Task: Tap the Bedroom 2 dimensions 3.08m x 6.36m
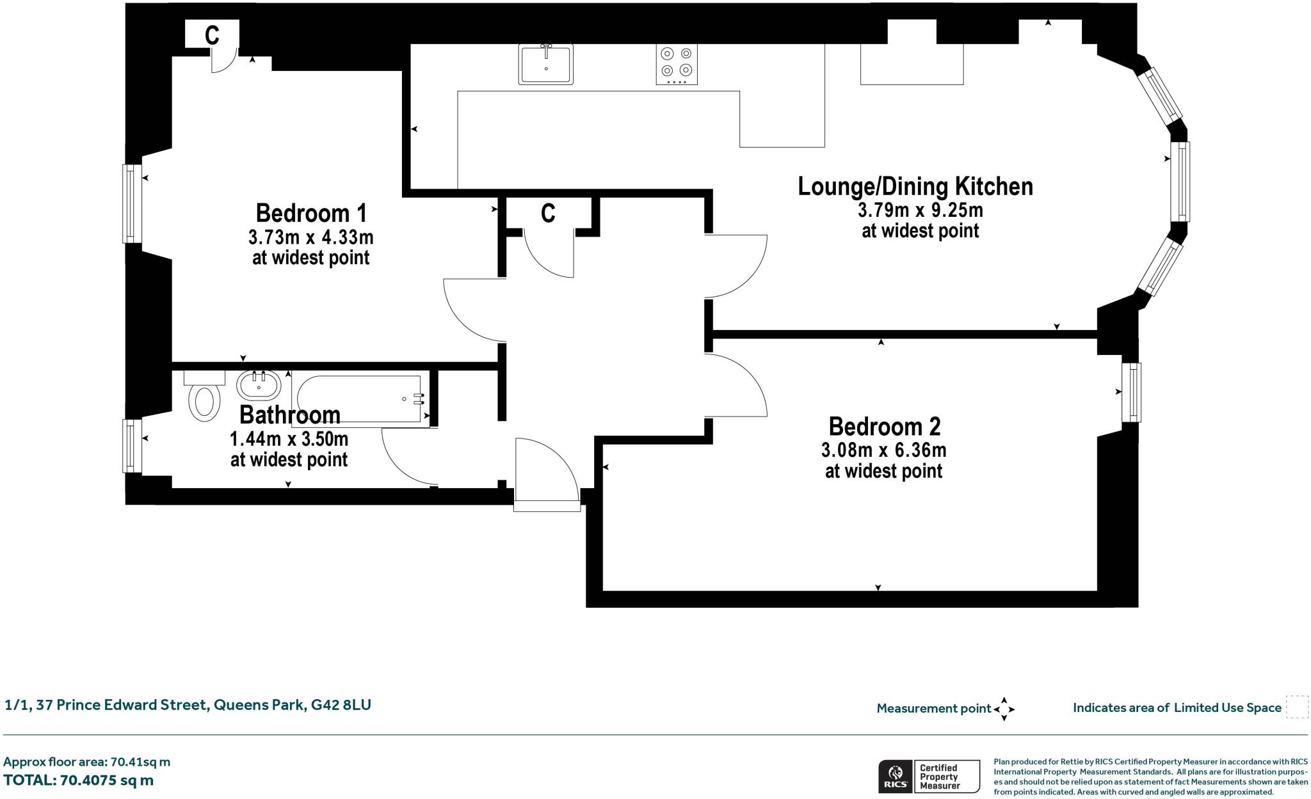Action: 883,450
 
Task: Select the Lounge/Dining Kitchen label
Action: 915,187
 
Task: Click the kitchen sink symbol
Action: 545,65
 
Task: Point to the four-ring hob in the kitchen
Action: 677,65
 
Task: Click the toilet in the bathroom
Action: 204,401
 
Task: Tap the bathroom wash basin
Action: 259,386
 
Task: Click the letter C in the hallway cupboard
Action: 548,213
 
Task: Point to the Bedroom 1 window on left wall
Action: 131,203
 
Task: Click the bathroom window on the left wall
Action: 131,446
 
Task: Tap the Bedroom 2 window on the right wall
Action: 1131,392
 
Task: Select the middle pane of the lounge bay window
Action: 1180,181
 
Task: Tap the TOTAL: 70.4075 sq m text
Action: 79,780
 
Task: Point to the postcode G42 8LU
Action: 341,705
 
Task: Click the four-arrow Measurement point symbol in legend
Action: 1004,709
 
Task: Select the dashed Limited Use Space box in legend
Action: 1297,708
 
